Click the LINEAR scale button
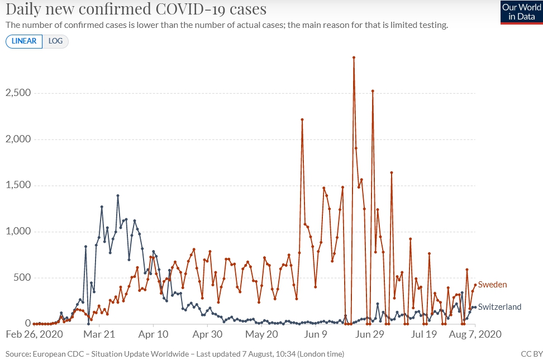click(24, 41)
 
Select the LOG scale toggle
click(55, 41)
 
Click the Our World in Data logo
click(521, 12)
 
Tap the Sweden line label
click(492, 285)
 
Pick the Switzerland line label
click(499, 307)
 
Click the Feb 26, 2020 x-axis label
click(35, 335)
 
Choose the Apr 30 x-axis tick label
click(208, 335)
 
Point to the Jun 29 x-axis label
click(370, 335)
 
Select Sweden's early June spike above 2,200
click(302, 119)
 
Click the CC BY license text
click(531, 354)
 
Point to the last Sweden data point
click(475, 285)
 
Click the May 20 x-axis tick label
click(262, 335)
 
